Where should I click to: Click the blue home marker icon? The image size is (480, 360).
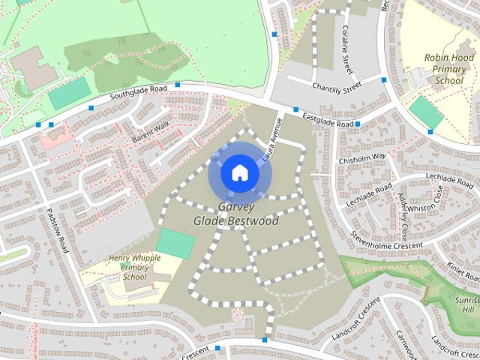[238, 172]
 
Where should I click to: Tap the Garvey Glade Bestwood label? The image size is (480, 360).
[235, 214]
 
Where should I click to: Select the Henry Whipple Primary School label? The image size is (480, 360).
[134, 267]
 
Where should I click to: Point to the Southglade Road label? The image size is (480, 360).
[138, 94]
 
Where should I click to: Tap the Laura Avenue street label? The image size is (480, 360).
[271, 134]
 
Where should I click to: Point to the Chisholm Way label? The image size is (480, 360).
[361, 157]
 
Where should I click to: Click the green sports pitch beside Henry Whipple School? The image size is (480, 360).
[175, 244]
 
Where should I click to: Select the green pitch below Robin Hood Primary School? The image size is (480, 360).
[426, 112]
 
